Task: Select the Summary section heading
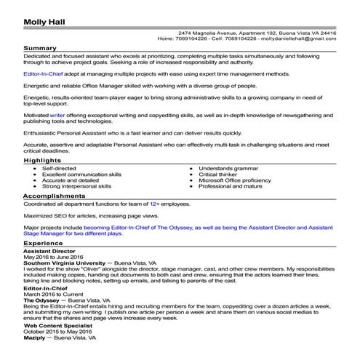coord(41,48)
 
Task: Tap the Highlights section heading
coord(43,159)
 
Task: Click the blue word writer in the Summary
coord(57,114)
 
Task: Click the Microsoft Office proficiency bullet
coord(239,180)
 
